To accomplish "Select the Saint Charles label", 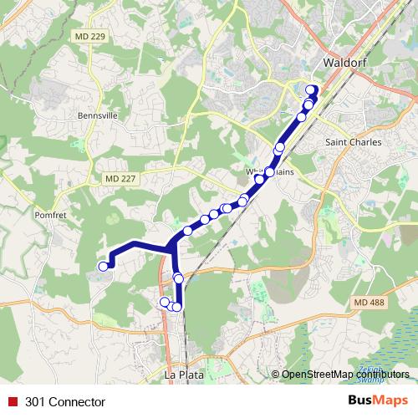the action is coord(353,143).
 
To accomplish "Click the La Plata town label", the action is coord(184,375).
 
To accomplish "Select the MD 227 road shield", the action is coord(121,179).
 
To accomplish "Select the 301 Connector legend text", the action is coord(65,402).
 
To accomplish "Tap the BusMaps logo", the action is coord(377,401).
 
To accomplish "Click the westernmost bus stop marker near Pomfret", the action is coord(104,266).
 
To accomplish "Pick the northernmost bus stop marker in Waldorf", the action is coord(312,90).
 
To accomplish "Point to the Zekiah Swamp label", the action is coord(379,370).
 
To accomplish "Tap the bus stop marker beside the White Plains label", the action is coord(269,172).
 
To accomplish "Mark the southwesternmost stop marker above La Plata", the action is coord(165,302).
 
